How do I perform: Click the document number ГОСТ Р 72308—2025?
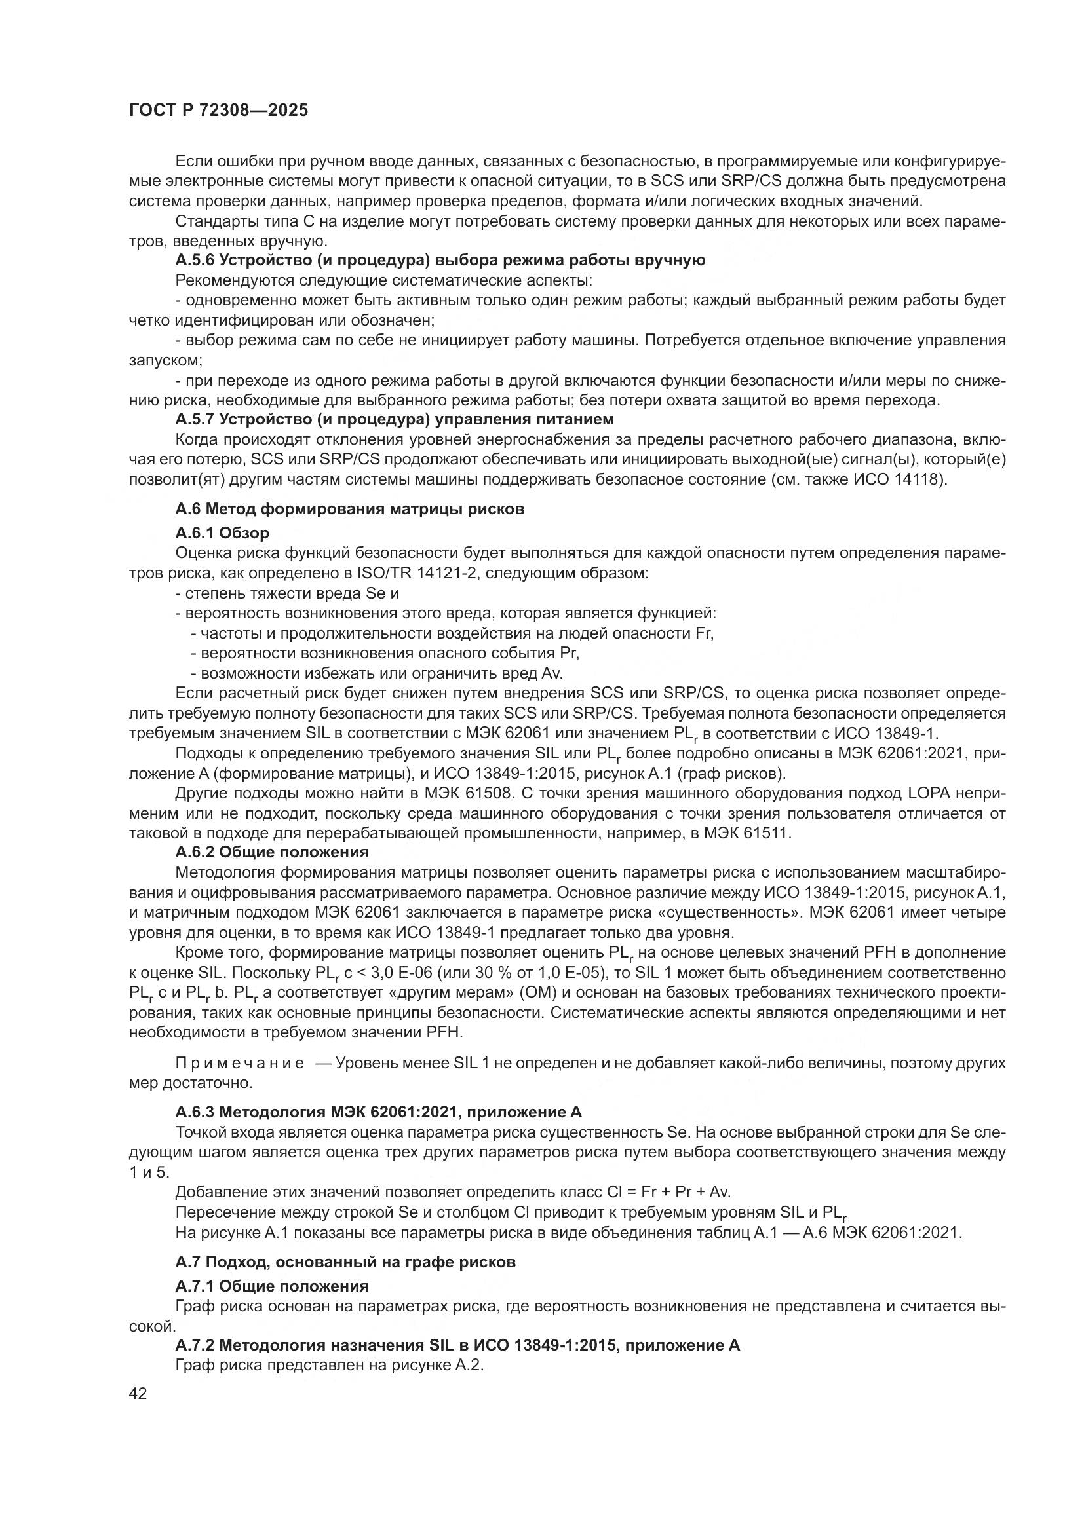218,111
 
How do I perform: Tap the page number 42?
138,1392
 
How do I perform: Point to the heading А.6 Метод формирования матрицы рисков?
350,509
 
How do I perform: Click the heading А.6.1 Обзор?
222,533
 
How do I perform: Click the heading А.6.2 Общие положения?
272,853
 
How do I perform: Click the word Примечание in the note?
240,1063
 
